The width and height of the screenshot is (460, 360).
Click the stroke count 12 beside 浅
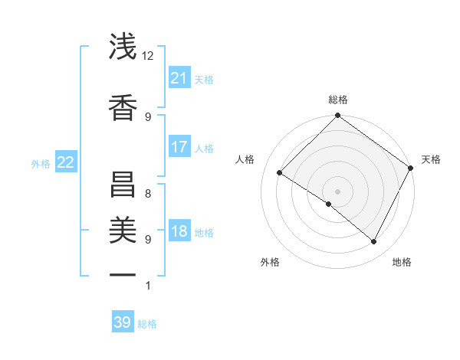[148, 56]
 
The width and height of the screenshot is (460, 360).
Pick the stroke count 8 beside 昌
[148, 193]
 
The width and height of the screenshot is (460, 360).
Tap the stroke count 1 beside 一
[148, 286]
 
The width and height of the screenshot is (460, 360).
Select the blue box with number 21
[179, 78]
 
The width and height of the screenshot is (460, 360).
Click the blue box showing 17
[179, 147]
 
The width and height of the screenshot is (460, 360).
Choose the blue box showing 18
[179, 232]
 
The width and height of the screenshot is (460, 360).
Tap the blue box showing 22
[65, 162]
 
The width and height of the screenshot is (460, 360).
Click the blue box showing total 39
[122, 322]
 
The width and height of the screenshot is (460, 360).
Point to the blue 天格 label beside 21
[204, 80]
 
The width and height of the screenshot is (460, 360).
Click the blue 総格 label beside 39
[147, 324]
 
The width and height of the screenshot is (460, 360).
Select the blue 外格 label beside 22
[41, 163]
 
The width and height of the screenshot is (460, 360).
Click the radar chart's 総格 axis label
[337, 100]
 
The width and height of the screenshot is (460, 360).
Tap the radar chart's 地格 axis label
[402, 262]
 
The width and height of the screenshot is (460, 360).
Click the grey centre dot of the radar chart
[337, 191]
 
